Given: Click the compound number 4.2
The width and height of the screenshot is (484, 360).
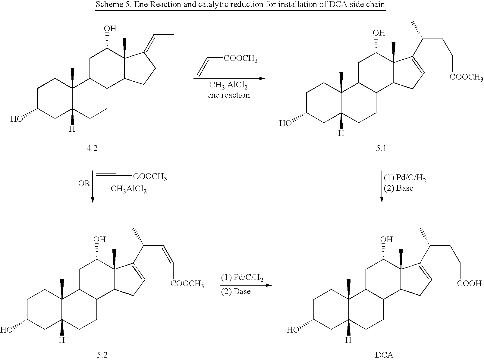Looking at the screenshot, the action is click(x=92, y=148).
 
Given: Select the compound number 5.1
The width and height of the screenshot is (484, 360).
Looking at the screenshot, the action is click(x=381, y=148).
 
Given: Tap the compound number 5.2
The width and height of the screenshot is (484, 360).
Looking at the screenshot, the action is click(x=102, y=355).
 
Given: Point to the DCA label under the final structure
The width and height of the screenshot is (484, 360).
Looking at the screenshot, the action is click(x=384, y=355).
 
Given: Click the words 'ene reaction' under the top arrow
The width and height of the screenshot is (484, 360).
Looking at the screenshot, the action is click(x=228, y=95).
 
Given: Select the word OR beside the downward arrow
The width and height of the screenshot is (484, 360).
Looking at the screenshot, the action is click(x=84, y=183).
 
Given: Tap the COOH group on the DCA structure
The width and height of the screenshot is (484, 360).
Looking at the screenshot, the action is click(x=469, y=283).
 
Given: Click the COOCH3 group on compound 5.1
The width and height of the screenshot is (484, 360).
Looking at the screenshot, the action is click(x=466, y=77).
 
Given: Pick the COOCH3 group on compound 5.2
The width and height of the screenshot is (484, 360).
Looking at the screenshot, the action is click(x=187, y=284).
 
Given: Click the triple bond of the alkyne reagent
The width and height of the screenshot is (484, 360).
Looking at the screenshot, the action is click(x=106, y=176).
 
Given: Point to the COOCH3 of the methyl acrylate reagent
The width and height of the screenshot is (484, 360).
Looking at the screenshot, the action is click(x=241, y=59).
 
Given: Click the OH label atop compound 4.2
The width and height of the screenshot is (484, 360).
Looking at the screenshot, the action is click(x=110, y=29).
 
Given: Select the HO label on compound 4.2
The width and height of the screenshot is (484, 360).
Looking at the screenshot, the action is click(x=17, y=119).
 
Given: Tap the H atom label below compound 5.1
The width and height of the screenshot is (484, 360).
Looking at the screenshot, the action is click(x=341, y=133).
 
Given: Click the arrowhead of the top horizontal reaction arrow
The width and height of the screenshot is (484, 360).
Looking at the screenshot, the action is click(x=262, y=78).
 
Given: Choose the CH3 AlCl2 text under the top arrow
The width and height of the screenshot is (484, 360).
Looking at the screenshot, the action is click(x=228, y=85).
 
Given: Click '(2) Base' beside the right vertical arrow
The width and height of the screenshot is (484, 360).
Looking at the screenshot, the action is click(x=398, y=188).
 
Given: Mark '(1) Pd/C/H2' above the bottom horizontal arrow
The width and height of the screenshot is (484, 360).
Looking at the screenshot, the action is click(x=242, y=278).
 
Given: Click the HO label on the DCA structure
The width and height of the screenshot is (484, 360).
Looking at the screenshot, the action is click(x=293, y=330).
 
